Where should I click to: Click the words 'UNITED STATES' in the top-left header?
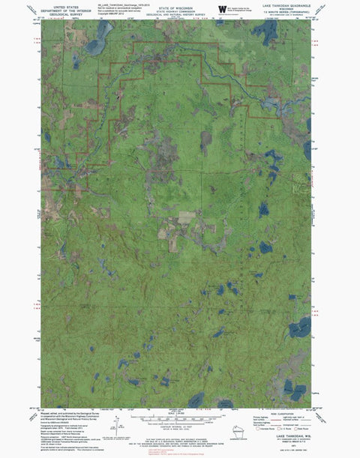64,4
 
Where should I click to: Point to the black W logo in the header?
221,10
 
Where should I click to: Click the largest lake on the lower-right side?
301,328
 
